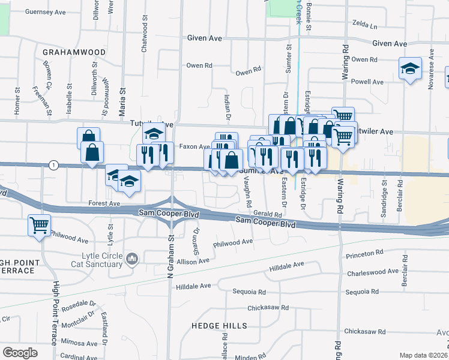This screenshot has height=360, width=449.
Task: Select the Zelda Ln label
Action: pyautogui.click(x=365, y=26)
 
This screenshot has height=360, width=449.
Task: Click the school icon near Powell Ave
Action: pyautogui.click(x=410, y=70)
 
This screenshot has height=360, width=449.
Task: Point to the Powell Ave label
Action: pyautogui.click(x=367, y=82)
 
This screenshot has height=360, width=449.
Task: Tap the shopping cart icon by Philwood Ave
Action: pyautogui.click(x=39, y=226)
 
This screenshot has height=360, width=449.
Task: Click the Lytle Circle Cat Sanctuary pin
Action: pyautogui.click(x=133, y=259)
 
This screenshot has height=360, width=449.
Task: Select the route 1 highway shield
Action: pyautogui.click(x=54, y=165)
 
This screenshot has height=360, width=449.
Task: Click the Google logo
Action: pyautogui.click(x=20, y=352)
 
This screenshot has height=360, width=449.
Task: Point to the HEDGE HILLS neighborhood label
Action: pyautogui.click(x=219, y=326)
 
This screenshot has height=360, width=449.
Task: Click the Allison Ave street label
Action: pyautogui.click(x=193, y=261)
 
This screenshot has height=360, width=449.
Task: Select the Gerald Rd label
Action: pyautogui.click(x=267, y=214)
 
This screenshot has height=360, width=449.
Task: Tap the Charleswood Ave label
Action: pyautogui.click(x=373, y=271)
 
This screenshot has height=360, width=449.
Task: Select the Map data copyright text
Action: pyautogui.click(x=424, y=355)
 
